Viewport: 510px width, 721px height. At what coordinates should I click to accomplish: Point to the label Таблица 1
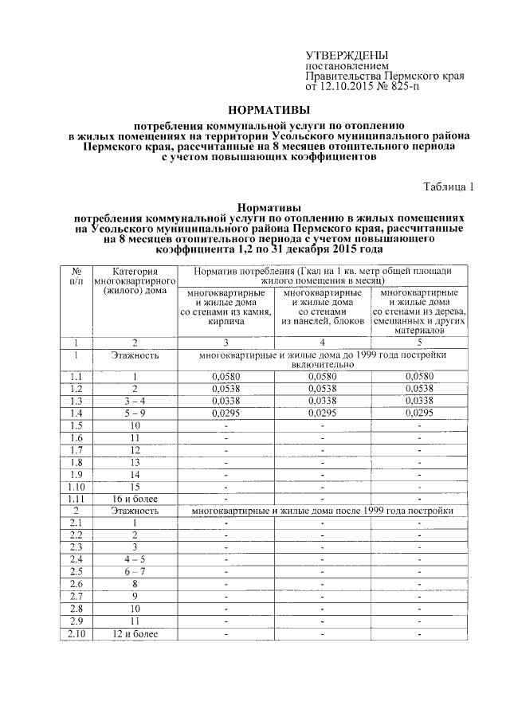448,187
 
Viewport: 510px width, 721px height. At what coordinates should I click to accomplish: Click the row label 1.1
76,376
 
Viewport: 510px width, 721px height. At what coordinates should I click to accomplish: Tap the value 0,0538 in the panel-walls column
322,388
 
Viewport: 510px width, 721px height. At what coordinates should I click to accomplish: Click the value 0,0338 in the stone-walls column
226,401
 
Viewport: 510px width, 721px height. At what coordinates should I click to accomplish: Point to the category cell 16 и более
135,498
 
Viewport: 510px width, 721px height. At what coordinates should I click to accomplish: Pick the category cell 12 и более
135,633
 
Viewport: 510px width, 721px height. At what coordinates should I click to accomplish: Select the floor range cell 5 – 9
135,413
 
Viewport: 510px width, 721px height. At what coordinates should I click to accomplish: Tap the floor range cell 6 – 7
135,571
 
